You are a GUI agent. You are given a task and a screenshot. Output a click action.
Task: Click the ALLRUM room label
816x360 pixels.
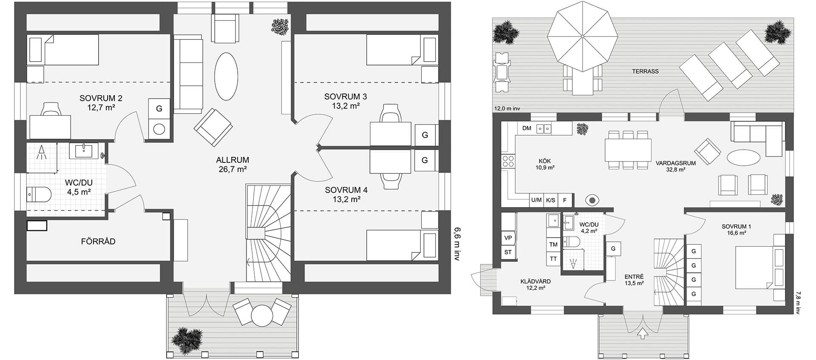pyautogui.click(x=232, y=160)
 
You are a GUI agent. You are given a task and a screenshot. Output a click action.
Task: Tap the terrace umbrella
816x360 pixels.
pyautogui.click(x=582, y=37)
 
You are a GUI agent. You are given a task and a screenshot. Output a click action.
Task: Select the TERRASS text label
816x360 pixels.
pyautogui.click(x=645, y=71)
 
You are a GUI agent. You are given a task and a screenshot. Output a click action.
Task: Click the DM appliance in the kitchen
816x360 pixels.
pyautogui.click(x=526, y=128)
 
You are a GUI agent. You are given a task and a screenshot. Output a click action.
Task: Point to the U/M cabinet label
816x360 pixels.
pyautogui.click(x=537, y=200)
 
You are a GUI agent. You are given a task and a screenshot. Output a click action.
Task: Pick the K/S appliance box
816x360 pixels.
pyautogui.click(x=551, y=200)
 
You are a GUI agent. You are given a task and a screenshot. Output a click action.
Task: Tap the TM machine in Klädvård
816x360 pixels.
pyautogui.click(x=553, y=244)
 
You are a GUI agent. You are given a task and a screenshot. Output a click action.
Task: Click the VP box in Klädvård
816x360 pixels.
pyautogui.click(x=508, y=238)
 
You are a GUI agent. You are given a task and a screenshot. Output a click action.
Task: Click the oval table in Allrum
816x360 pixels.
pyautogui.click(x=226, y=77)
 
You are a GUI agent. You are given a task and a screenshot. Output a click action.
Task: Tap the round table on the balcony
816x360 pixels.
pyautogui.click(x=262, y=316)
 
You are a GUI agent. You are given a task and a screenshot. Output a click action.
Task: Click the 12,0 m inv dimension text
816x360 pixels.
pyautogui.click(x=507, y=109)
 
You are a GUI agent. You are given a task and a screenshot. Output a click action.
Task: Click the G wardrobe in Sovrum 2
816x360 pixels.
pyautogui.click(x=159, y=108)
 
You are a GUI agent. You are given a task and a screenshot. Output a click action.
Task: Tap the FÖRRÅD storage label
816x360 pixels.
pyautogui.click(x=98, y=241)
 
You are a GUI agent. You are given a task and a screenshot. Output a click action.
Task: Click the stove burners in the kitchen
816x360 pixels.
pyautogui.click(x=508, y=161)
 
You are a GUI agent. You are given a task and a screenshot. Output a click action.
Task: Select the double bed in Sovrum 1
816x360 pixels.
pyautogui.click(x=755, y=267)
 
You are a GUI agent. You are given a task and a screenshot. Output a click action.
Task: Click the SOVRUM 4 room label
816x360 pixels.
pyautogui.click(x=346, y=190)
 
